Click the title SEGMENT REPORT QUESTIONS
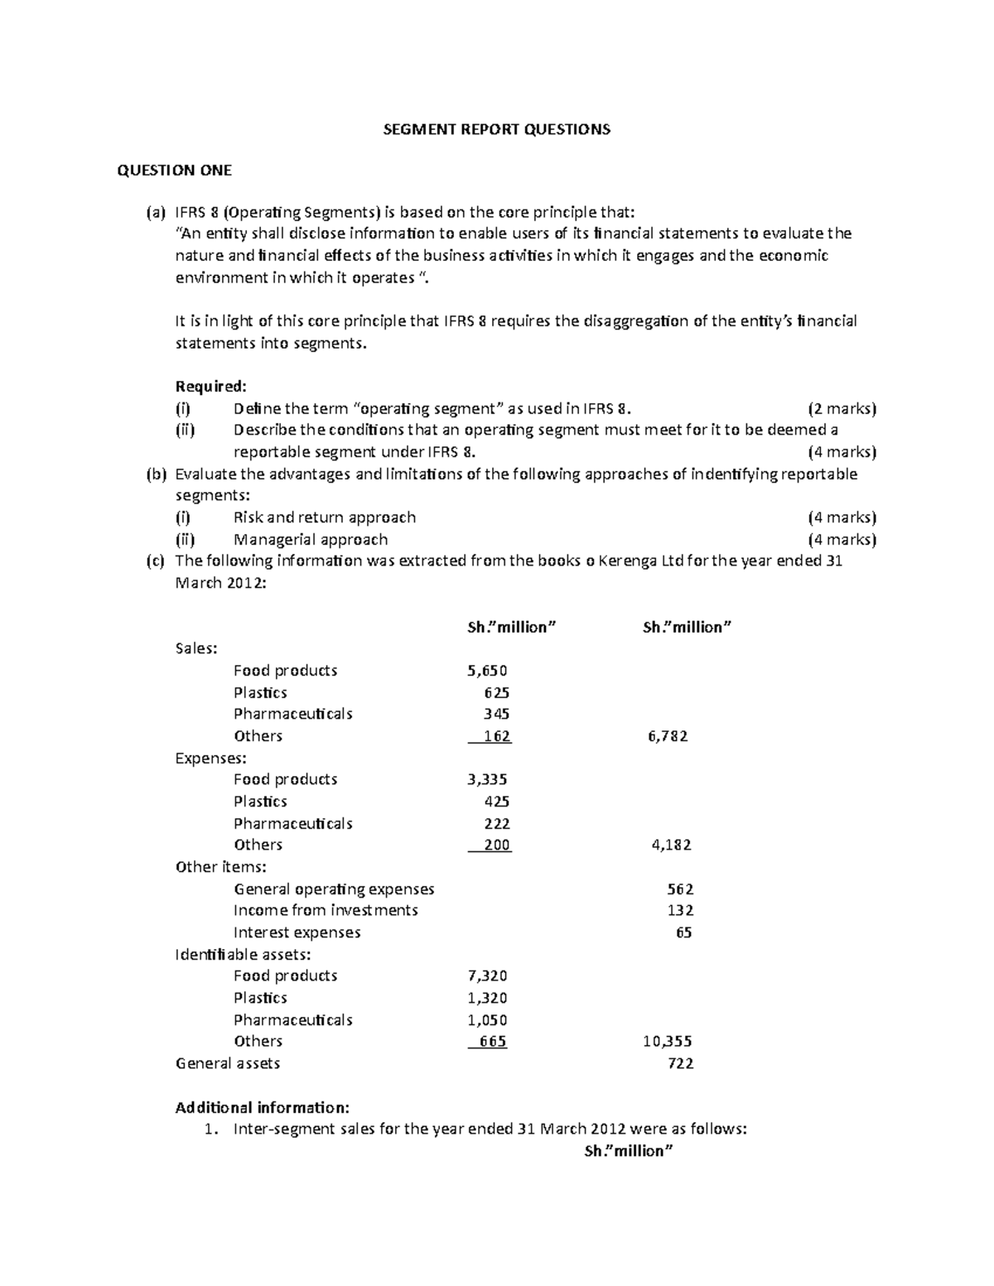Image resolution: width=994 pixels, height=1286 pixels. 495,129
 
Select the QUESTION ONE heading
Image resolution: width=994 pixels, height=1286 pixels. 174,171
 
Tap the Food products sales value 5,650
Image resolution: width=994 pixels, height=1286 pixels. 487,671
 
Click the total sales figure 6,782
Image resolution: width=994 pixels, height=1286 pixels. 668,736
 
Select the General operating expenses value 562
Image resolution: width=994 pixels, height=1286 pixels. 680,889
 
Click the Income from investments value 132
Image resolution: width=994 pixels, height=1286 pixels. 680,911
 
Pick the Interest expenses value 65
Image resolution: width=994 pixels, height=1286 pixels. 683,932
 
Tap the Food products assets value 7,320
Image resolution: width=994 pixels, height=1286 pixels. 487,976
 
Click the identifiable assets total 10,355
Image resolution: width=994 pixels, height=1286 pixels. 668,1042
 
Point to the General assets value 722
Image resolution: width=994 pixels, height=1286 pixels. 680,1063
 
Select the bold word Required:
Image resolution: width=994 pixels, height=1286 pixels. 211,387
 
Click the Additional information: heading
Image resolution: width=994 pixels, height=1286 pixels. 263,1108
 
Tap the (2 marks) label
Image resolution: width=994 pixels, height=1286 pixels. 842,408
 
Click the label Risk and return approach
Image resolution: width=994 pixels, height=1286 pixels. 325,518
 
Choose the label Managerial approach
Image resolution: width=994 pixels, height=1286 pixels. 311,540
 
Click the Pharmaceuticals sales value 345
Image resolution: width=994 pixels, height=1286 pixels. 496,714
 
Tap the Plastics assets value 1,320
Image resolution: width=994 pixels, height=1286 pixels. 487,998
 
